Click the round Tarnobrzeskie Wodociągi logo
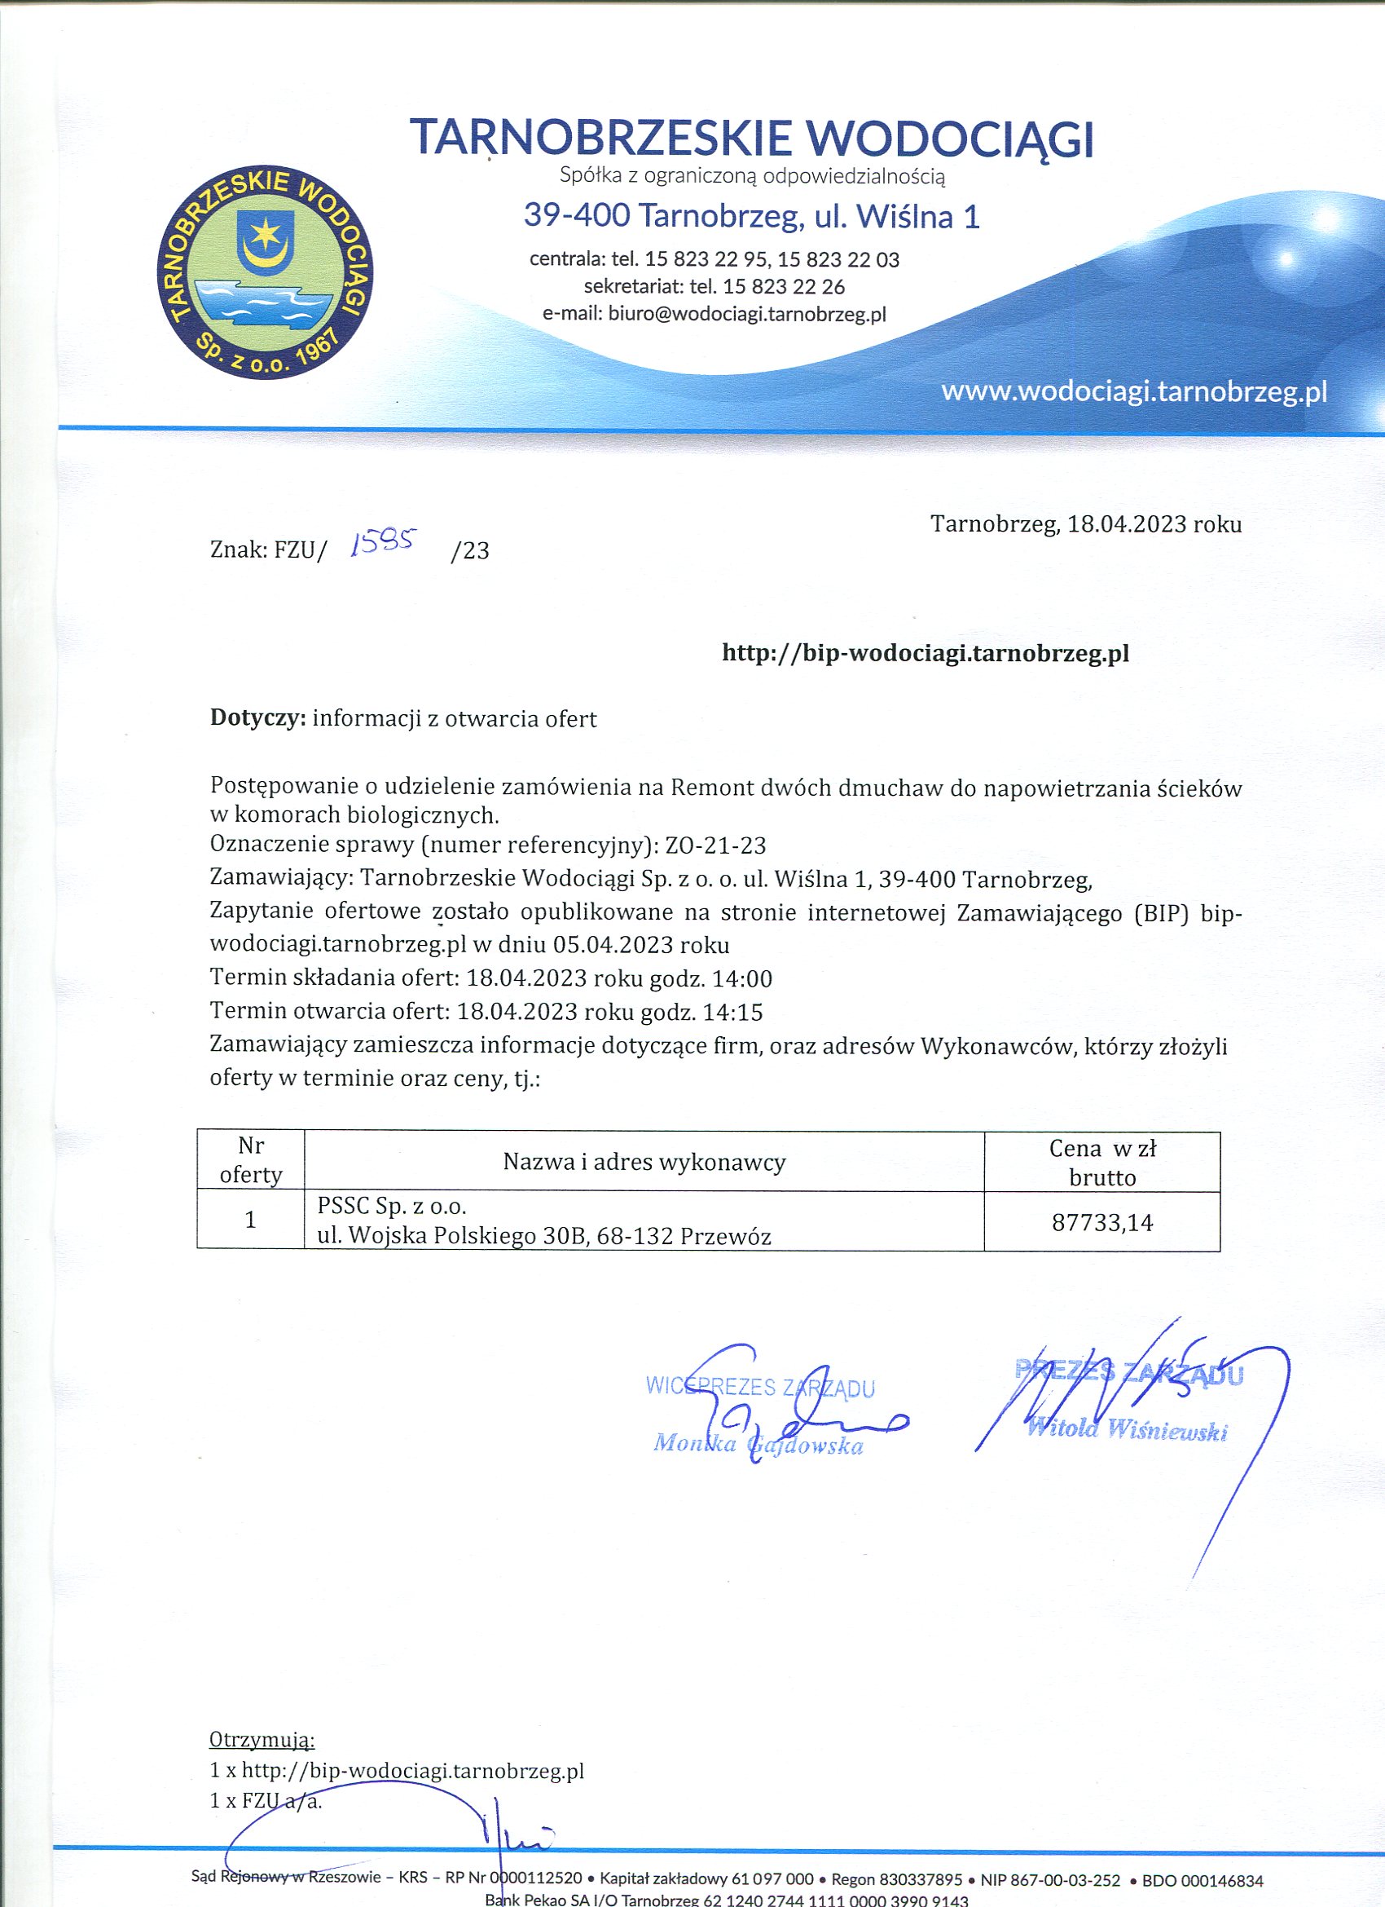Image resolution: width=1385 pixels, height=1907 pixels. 265,272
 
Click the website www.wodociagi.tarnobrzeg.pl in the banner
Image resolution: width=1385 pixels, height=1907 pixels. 1134,391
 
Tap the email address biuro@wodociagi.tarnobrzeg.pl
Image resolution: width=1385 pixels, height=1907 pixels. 747,315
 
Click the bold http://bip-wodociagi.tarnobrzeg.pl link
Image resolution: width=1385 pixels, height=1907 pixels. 926,652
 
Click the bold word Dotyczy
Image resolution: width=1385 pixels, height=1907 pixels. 257,719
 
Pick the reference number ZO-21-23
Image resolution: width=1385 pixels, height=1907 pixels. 715,844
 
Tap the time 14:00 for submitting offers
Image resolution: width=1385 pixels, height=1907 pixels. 742,978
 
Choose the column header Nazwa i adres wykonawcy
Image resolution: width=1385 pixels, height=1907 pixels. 644,1162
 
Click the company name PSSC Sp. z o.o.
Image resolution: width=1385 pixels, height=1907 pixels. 392,1206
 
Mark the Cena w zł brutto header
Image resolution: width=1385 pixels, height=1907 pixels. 1101,1162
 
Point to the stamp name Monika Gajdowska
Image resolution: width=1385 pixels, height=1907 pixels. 758,1444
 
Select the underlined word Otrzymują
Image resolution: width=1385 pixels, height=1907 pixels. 262,1740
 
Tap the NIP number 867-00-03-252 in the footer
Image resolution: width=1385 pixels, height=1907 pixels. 1050,1881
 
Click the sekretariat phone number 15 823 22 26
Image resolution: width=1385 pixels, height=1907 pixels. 783,287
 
